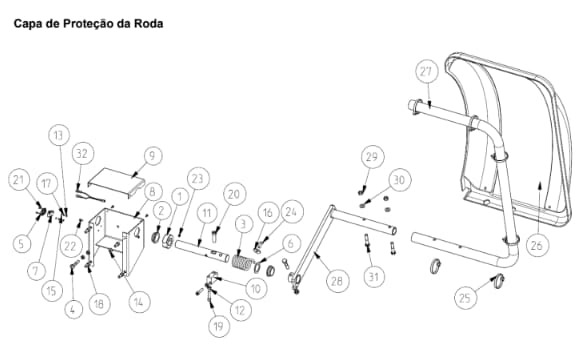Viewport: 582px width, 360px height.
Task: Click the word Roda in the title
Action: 148,24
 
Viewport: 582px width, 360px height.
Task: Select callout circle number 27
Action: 426,71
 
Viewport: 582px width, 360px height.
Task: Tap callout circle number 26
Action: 537,245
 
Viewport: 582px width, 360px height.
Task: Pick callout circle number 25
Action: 465,297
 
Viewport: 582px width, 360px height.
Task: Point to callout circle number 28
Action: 337,281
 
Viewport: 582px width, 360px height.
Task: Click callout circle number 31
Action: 374,276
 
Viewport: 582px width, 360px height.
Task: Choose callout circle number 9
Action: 151,156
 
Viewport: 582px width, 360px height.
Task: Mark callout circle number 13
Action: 59,135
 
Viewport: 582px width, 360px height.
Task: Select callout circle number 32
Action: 82,154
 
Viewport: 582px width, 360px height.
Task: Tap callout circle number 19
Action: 219,326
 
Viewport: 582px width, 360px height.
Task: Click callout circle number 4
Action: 73,309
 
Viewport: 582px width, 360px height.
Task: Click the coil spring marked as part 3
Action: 242,262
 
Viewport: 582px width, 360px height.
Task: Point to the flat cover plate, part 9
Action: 116,183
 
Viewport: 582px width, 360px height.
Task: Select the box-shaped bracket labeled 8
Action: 116,241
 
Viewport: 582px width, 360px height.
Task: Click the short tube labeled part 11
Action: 202,251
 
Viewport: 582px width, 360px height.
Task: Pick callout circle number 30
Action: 399,180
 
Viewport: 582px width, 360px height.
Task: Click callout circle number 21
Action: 19,180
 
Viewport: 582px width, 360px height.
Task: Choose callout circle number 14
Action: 138,302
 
